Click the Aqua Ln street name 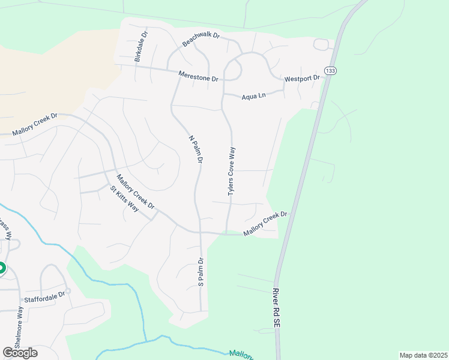pyautogui.click(x=253, y=96)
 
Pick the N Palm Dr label pyautogui.click(x=196, y=149)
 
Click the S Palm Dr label pyautogui.click(x=202, y=272)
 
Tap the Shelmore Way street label pyautogui.click(x=20, y=328)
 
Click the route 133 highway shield pyautogui.click(x=330, y=71)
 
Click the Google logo pyautogui.click(x=20, y=352)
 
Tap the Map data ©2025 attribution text pyautogui.click(x=423, y=355)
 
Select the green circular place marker pyautogui.click(x=2, y=268)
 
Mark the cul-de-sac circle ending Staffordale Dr pyautogui.click(x=68, y=291)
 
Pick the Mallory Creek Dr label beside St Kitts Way pyautogui.click(x=135, y=191)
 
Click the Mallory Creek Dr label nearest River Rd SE pyautogui.click(x=265, y=224)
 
